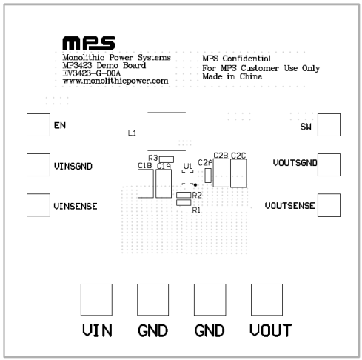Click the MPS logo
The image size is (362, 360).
coord(89,43)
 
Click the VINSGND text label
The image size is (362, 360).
coord(73,166)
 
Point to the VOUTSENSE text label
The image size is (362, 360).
coord(290,206)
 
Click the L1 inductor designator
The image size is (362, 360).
coord(132,133)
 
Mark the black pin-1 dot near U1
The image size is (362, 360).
coord(195,184)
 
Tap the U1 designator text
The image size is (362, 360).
coord(188,166)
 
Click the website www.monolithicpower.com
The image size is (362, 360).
coord(115,81)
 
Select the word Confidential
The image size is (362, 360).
coord(247,59)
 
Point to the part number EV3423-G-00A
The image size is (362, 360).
coord(92,73)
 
